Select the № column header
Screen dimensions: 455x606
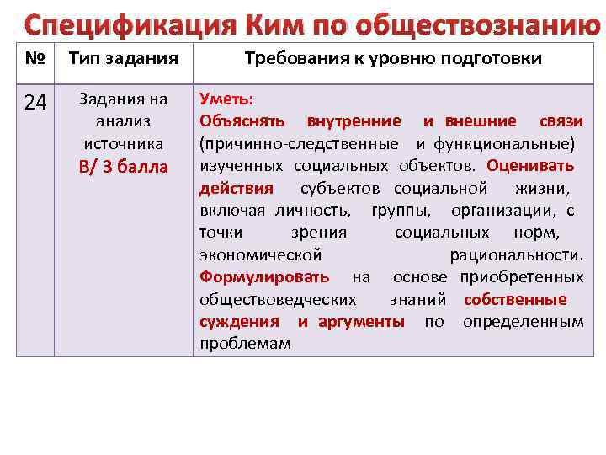click(35, 58)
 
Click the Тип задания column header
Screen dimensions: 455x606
click(123, 58)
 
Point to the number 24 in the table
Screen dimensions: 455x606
click(35, 103)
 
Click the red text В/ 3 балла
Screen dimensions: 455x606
click(124, 167)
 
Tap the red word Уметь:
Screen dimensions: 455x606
click(221, 99)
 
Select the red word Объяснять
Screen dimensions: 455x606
click(242, 121)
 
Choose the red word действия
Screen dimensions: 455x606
click(237, 187)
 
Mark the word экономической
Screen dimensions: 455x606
click(261, 254)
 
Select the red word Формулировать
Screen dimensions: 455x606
click(265, 277)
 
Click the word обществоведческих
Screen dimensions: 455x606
click(278, 299)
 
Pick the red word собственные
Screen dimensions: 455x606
click(514, 299)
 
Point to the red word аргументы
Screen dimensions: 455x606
click(361, 322)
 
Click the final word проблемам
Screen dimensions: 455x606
click(245, 344)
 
